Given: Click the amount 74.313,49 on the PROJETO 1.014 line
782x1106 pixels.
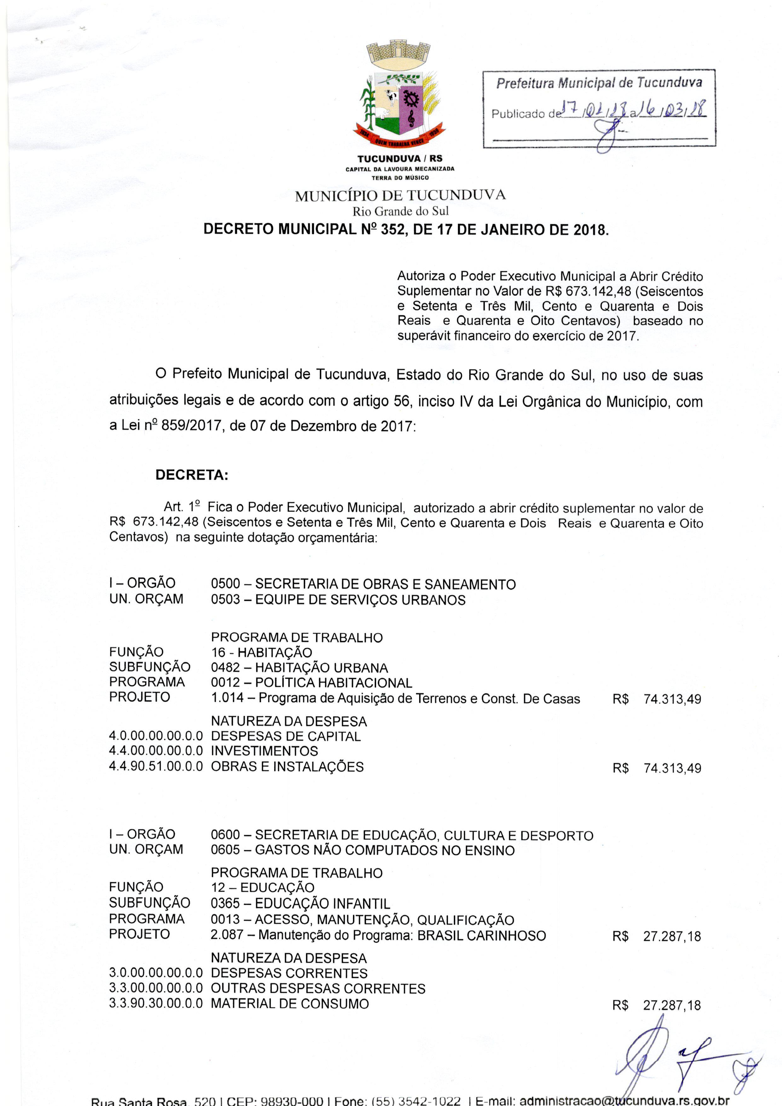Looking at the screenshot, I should click(672, 699).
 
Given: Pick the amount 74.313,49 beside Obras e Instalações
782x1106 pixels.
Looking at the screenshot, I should click(672, 768).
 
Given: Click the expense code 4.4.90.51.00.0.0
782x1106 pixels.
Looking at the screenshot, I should click(155, 767).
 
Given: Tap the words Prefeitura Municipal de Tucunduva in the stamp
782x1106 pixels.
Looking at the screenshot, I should click(599, 83).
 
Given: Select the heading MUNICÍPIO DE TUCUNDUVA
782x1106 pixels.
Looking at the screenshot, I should click(400, 196).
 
